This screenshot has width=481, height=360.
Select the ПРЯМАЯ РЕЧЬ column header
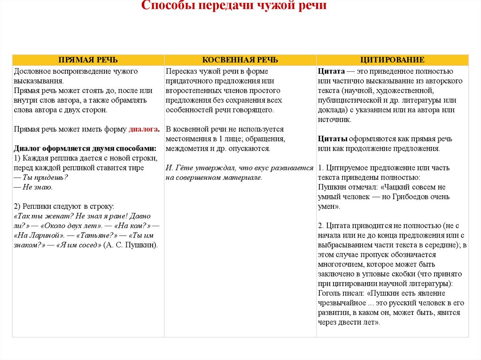88,60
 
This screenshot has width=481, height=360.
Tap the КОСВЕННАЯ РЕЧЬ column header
240,60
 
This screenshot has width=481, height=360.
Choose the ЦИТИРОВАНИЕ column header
393,60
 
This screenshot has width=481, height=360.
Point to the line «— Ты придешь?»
41,177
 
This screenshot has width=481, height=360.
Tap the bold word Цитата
332,71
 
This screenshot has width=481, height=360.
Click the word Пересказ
181,71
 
